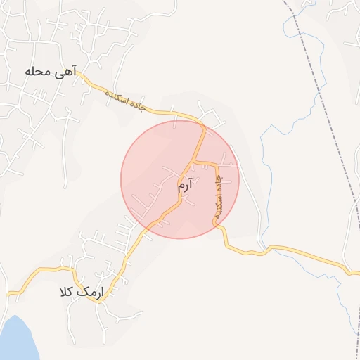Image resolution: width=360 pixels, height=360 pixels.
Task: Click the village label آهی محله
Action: (x=50, y=72)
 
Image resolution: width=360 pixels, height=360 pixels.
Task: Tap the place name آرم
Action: (x=184, y=186)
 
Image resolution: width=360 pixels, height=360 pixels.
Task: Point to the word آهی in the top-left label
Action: (x=66, y=72)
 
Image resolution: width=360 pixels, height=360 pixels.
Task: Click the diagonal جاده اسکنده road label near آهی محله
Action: (x=125, y=100)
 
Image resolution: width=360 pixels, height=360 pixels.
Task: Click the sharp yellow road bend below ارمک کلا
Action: (x=101, y=301)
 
